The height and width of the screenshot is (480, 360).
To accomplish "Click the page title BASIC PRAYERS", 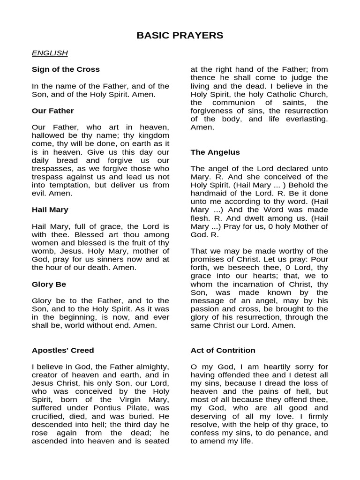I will point(180,36).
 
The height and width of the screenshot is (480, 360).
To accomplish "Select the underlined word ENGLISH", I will point(50,53).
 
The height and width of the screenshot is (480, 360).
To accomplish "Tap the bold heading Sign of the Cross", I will point(66,69).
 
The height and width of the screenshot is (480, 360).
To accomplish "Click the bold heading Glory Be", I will point(49,284).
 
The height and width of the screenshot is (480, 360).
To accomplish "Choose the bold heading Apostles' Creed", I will point(63,350).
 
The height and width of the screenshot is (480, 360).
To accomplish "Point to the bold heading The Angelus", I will point(215,152).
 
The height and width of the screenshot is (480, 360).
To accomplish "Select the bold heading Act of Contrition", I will point(223,350).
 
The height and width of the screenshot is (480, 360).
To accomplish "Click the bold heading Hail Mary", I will point(50,210).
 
